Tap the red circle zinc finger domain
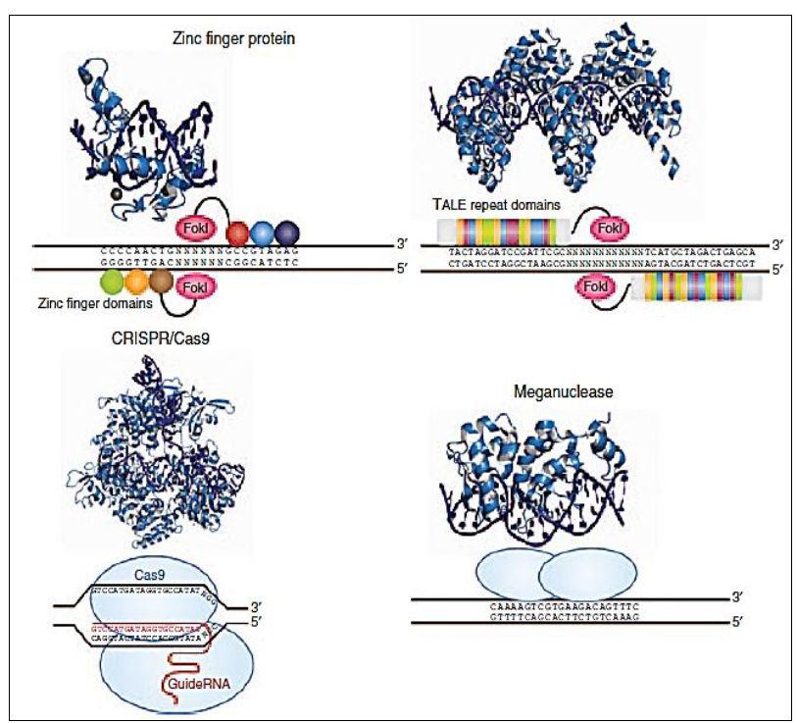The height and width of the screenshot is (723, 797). click(x=238, y=233)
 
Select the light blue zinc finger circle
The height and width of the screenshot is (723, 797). click(x=263, y=233)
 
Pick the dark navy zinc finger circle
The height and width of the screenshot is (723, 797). click(x=287, y=233)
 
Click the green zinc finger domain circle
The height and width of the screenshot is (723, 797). click(x=112, y=283)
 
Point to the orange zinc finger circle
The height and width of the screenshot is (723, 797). click(x=136, y=283)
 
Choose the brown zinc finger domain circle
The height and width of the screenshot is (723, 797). click(x=161, y=284)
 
